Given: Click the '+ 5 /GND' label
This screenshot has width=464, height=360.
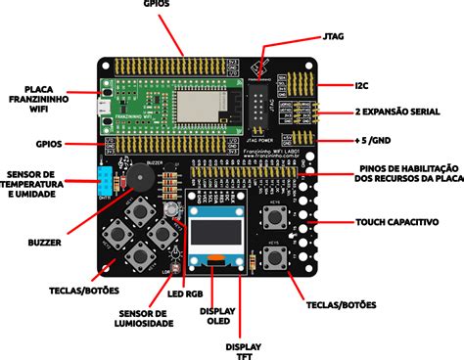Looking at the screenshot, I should [386, 142].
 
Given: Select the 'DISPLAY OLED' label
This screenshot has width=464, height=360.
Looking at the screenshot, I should [217, 317].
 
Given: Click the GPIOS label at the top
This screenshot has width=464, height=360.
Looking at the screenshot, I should [181, 7].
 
